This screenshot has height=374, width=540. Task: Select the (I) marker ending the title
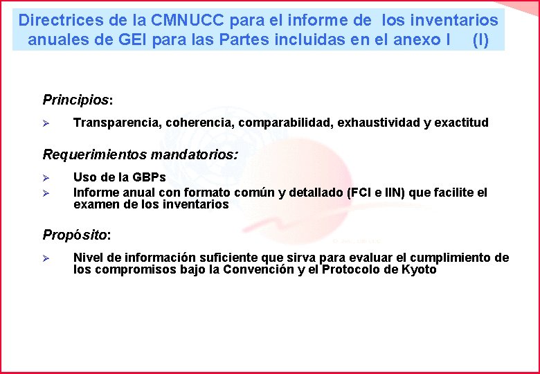click(480, 39)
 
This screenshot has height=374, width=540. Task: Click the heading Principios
click(75, 100)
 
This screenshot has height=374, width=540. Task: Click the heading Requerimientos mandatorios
click(140, 154)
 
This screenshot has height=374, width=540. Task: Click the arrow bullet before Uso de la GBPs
click(46, 178)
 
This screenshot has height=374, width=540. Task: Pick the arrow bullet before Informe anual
click(46, 193)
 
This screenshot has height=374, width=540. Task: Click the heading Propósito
click(76, 235)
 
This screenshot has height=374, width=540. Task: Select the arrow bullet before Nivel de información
click(46, 258)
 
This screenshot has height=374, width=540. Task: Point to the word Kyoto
click(419, 270)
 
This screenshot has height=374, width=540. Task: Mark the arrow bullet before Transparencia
click(46, 123)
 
